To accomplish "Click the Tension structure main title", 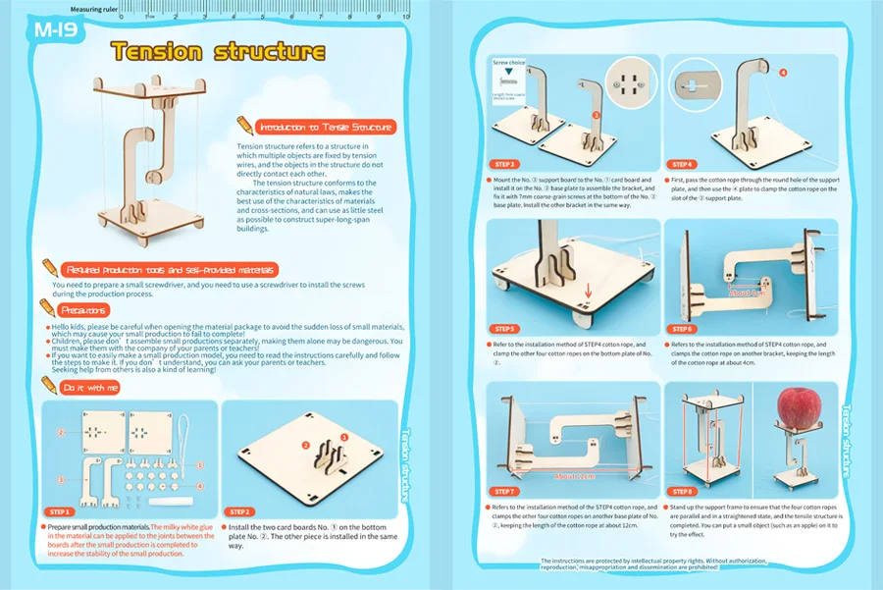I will tap(217, 51).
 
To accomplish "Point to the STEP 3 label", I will tap(506, 164).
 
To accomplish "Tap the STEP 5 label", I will tap(506, 329).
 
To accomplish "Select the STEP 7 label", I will tap(506, 491).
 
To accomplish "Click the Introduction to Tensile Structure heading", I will tap(325, 127).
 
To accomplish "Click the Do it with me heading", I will tap(91, 388).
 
